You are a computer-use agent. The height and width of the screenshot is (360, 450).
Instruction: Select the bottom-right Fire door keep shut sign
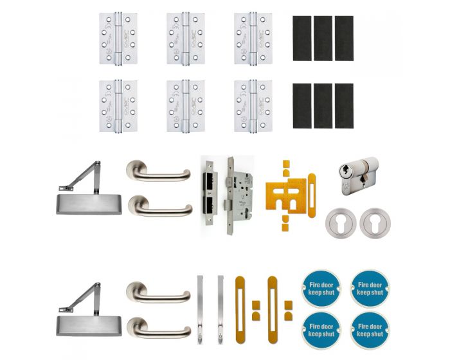[368, 328]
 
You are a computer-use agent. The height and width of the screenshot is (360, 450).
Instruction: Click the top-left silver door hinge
[118, 38]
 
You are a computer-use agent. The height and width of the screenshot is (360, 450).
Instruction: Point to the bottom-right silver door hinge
[253, 105]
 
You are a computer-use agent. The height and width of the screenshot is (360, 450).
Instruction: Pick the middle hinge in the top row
[186, 38]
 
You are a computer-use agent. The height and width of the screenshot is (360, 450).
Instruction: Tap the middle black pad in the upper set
[323, 39]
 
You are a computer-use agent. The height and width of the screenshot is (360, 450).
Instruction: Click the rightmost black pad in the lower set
[344, 105]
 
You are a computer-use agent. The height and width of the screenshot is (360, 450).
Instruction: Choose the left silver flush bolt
[199, 309]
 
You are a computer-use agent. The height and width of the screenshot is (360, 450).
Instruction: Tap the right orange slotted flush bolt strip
[272, 308]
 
